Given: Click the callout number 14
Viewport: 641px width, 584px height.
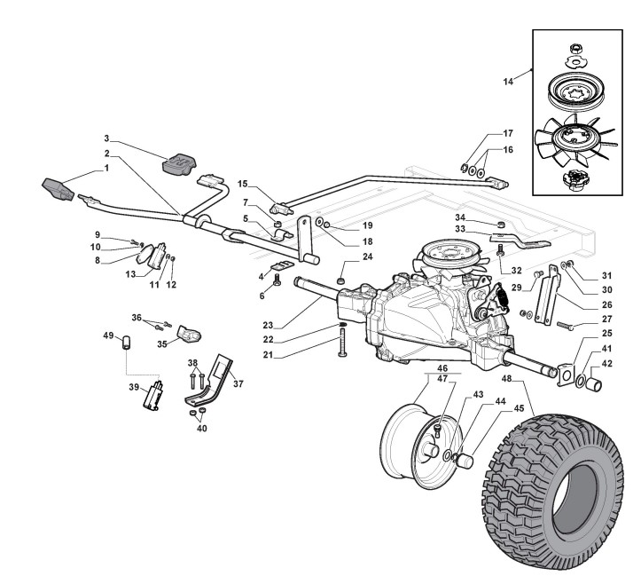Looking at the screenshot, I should pyautogui.click(x=509, y=81).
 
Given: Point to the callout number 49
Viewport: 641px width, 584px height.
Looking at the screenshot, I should pyautogui.click(x=109, y=335).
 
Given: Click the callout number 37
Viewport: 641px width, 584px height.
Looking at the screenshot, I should pyautogui.click(x=237, y=383).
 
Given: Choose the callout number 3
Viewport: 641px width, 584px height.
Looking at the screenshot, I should pyautogui.click(x=106, y=138).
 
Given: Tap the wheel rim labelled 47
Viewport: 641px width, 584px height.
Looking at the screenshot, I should pyautogui.click(x=417, y=444).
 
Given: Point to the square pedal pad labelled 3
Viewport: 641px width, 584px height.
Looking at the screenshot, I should pyautogui.click(x=181, y=164).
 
